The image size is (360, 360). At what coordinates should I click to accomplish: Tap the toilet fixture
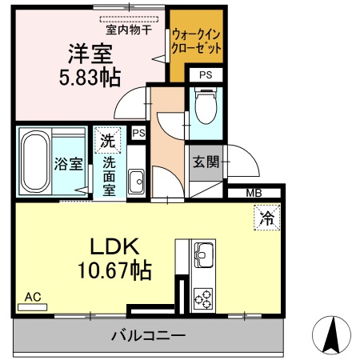[206, 106]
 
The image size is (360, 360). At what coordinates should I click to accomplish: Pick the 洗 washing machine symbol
[106, 140]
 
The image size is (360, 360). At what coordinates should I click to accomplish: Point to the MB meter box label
[253, 193]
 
